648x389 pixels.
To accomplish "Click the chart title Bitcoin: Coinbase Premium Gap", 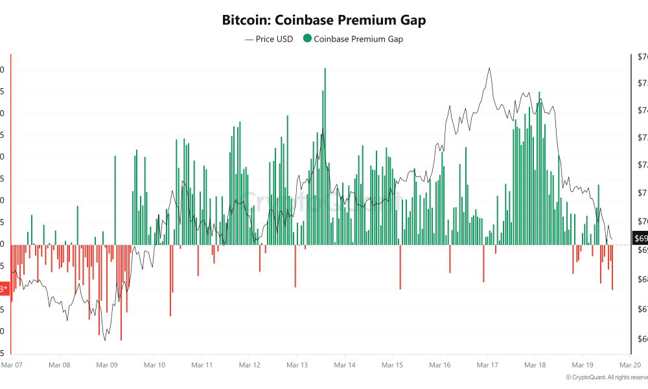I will pos(324,20).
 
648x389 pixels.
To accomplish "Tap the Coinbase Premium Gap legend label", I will pos(358,39).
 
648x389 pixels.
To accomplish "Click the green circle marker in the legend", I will pos(307,39).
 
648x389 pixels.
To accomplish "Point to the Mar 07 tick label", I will pos(12,365).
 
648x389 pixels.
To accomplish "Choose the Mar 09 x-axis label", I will pos(107,365).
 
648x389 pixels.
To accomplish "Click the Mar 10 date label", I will pos(154,365).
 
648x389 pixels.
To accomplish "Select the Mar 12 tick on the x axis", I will pos(249,365).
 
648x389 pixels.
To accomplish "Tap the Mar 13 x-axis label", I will pos(297,365).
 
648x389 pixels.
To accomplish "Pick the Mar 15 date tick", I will pos(392,365).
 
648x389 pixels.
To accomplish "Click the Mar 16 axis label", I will pos(440,365).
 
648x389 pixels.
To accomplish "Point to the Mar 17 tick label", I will pos(487,365).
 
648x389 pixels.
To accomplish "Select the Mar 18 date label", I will pos(535,365).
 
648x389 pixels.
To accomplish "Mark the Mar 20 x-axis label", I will pos(630,365).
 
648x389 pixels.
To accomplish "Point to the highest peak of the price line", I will pos(489,68).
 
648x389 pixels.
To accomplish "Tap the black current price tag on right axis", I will pos(639,238).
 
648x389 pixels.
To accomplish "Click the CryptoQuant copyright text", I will pos(607,377).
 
